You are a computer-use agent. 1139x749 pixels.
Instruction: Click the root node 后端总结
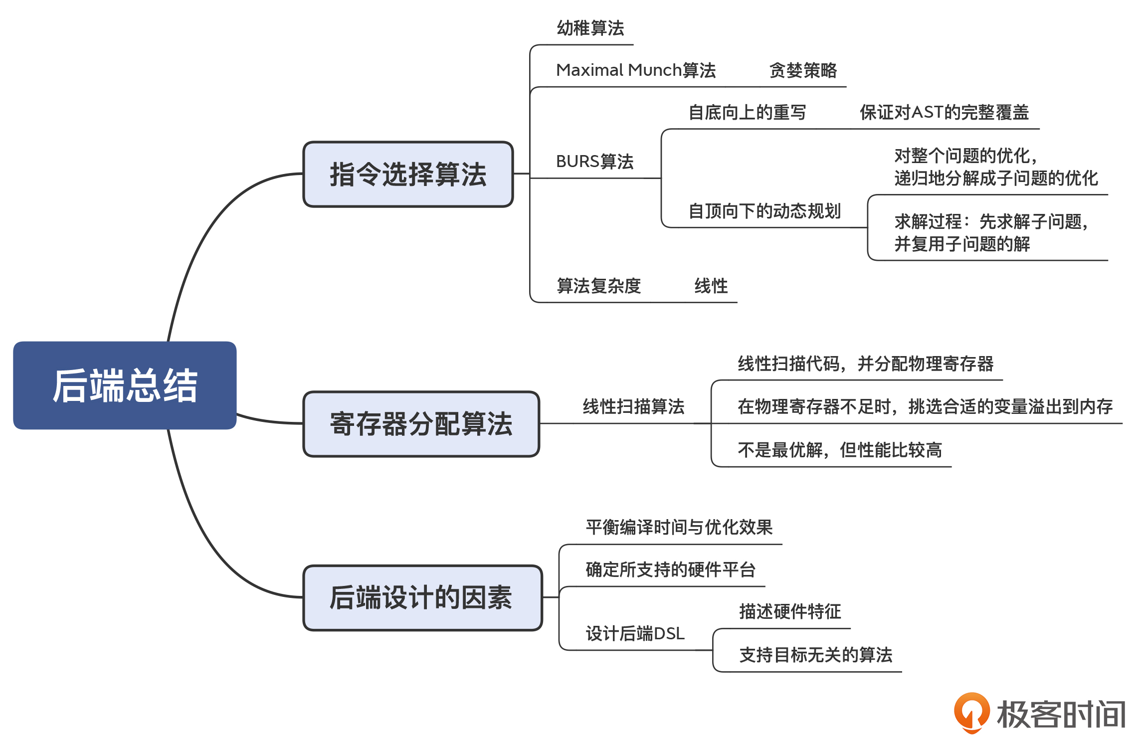(125, 385)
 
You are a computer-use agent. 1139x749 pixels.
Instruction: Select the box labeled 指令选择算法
(408, 174)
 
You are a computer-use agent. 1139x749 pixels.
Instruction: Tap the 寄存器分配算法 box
(421, 424)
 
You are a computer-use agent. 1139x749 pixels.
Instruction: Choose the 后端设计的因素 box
(422, 597)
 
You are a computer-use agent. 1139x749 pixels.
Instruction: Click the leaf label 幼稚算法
(590, 28)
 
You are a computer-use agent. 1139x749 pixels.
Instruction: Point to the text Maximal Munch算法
(635, 70)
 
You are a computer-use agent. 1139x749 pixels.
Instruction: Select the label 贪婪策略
(803, 70)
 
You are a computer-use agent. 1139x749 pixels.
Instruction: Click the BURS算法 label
(594, 162)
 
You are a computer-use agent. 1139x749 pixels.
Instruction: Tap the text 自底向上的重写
(747, 113)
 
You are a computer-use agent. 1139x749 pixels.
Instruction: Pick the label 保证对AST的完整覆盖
(944, 113)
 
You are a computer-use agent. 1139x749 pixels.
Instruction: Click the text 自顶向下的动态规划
(764, 211)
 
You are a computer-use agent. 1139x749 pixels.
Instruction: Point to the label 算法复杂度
(598, 286)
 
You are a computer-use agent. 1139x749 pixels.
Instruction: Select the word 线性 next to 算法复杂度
(711, 286)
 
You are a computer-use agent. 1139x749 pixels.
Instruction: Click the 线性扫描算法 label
(633, 407)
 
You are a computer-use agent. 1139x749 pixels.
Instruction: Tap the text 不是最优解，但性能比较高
(840, 450)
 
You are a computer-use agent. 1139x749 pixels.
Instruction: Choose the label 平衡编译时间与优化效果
(679, 528)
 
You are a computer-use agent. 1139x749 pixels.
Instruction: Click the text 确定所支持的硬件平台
(671, 570)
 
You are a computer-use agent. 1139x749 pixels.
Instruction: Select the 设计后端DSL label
(635, 634)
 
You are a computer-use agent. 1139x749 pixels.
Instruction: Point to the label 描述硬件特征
(790, 612)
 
